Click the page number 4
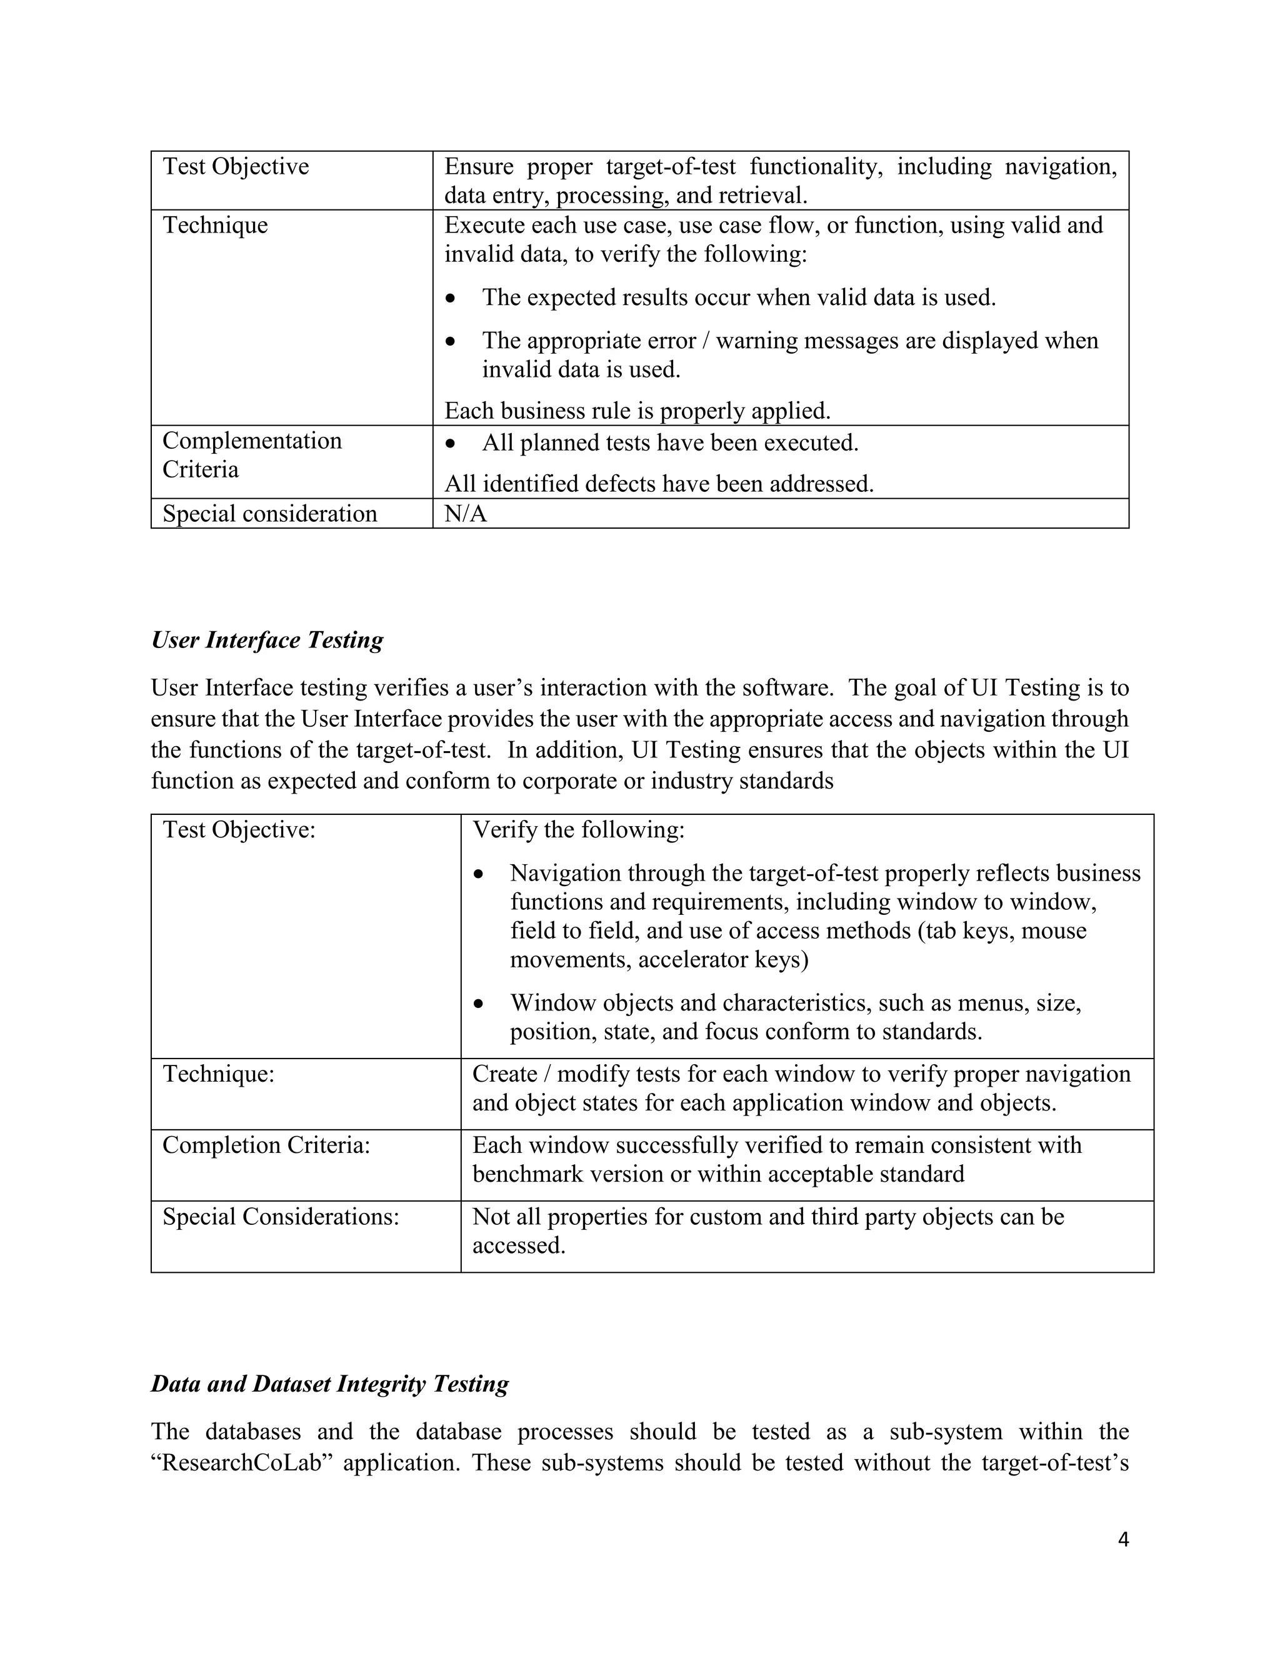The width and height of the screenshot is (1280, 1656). point(1123,1539)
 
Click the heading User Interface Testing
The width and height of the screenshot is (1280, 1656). point(267,640)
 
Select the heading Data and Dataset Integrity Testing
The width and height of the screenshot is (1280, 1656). point(330,1384)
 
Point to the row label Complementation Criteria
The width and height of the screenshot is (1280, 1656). point(252,455)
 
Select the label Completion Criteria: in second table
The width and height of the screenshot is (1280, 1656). point(266,1145)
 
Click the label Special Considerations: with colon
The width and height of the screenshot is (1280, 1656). point(281,1217)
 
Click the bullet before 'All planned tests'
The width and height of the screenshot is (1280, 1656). point(451,443)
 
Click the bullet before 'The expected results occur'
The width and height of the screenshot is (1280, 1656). point(451,298)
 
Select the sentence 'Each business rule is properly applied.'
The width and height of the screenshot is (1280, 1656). point(637,411)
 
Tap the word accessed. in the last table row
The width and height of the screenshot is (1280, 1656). point(519,1246)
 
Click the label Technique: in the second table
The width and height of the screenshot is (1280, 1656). point(218,1074)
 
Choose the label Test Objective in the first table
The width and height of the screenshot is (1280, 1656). point(236,166)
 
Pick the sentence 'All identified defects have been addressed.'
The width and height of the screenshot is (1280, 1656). point(659,484)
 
